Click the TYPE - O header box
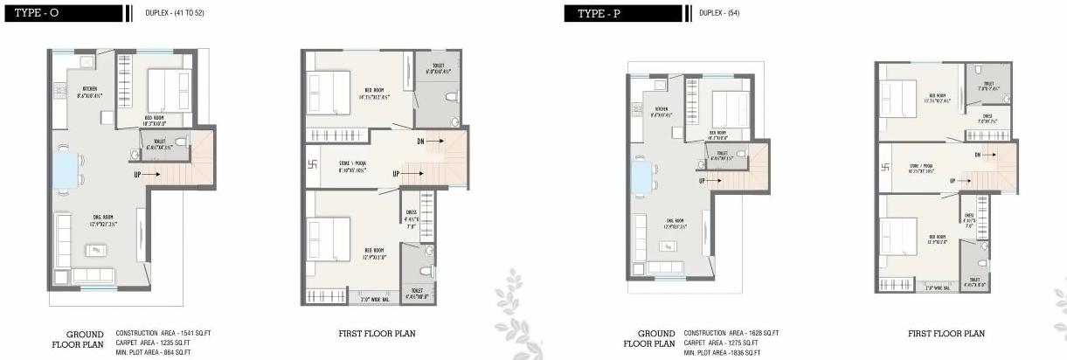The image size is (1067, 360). point(61,13)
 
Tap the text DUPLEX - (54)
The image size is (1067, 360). point(721,13)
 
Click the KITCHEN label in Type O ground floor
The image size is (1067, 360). point(90,89)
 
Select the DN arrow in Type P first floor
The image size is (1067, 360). point(985,155)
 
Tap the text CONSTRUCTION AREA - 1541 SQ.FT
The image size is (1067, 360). point(163,334)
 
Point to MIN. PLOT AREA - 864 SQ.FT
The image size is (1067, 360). point(154,352)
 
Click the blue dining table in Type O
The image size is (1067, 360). point(67,170)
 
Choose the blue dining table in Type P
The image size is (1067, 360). point(641,177)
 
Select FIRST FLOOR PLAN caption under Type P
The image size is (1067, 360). point(946,334)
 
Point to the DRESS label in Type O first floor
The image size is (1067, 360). point(411,211)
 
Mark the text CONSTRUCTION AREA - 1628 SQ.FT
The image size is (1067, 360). point(731,334)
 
